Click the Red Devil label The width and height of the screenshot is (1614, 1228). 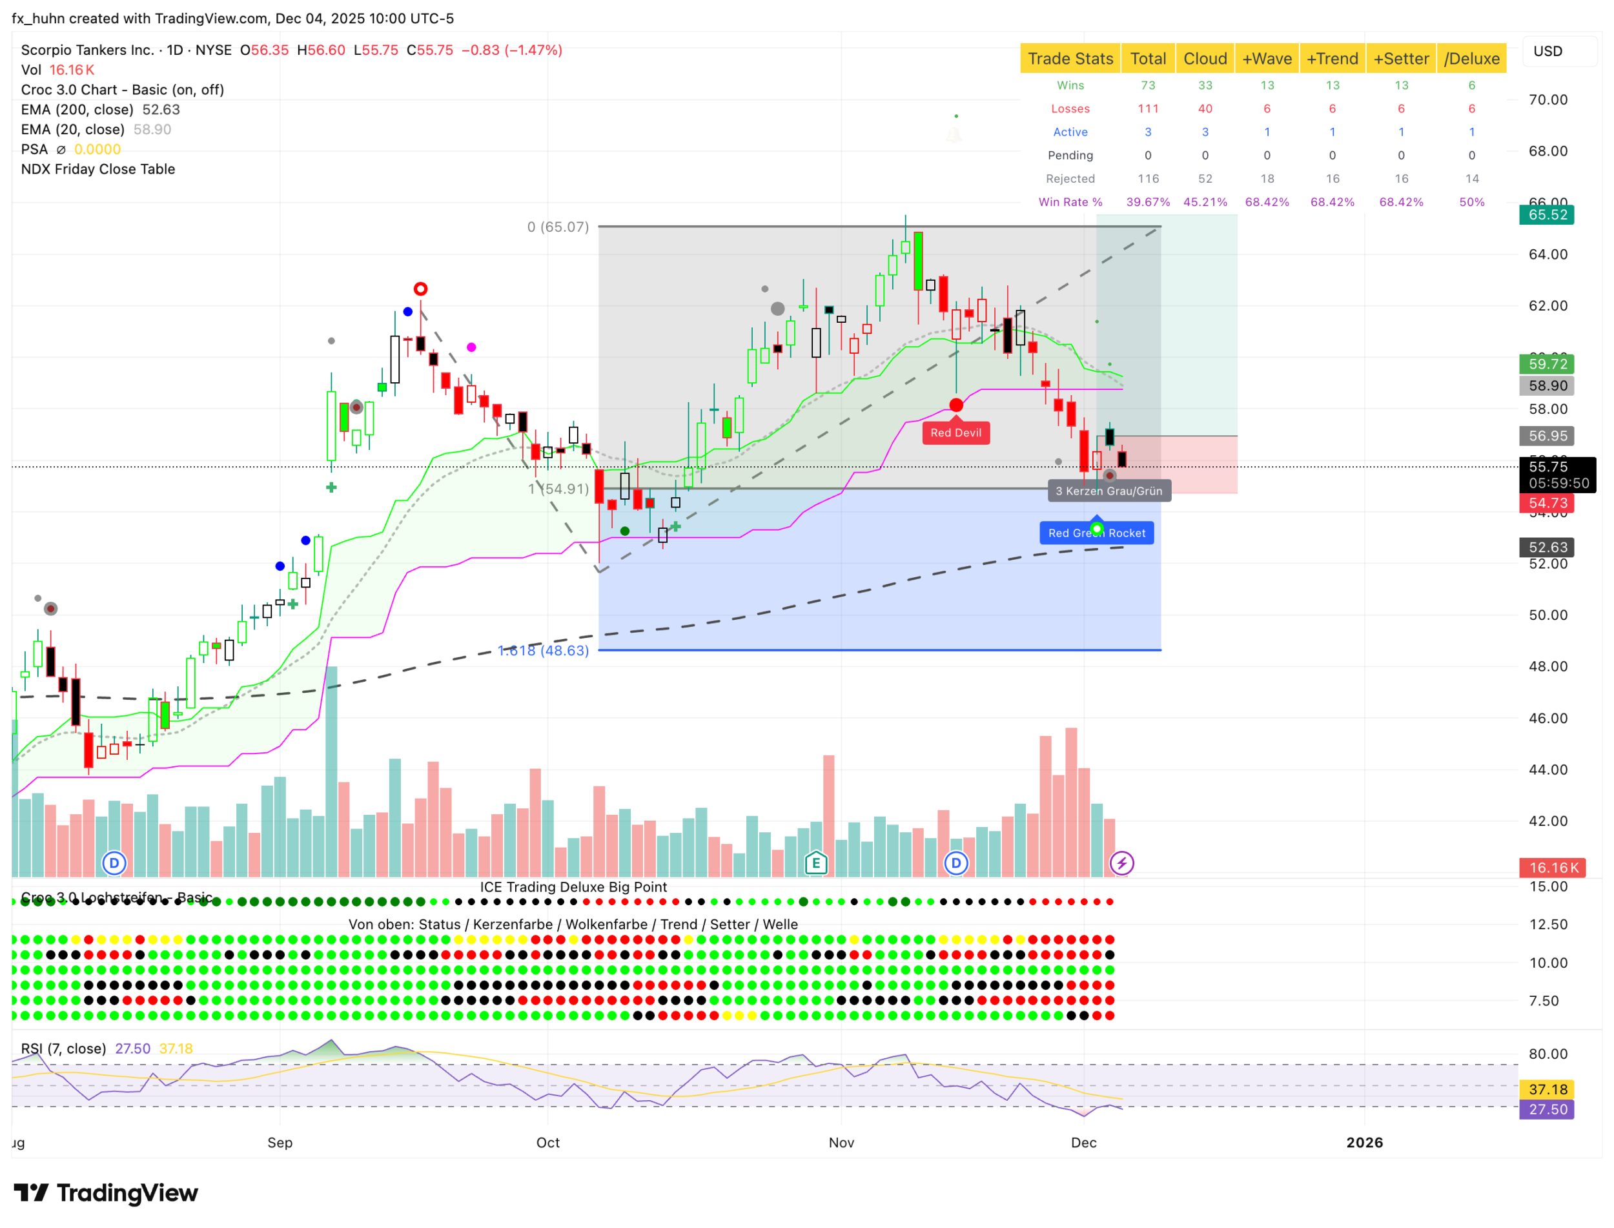click(x=955, y=433)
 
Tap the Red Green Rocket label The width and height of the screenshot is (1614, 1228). click(x=1096, y=533)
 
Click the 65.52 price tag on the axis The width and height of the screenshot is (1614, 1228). click(x=1547, y=215)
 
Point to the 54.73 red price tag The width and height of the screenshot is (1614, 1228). click(x=1547, y=503)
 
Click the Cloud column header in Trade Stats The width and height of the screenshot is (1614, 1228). click(x=1204, y=59)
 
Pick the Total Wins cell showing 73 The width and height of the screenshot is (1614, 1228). click(x=1148, y=85)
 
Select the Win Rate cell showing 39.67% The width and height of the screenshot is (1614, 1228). click(x=1148, y=201)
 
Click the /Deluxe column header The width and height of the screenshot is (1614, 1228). click(x=1471, y=59)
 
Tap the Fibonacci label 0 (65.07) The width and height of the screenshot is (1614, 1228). click(x=558, y=227)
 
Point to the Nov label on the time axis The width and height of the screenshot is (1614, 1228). click(x=841, y=1143)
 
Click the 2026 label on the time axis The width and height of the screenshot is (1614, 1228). click(x=1364, y=1143)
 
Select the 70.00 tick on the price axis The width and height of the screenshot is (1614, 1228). click(x=1548, y=99)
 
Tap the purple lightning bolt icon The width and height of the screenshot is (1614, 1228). click(x=1121, y=863)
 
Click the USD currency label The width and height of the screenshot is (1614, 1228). click(x=1547, y=51)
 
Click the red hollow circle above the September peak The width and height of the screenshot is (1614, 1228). click(x=420, y=289)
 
